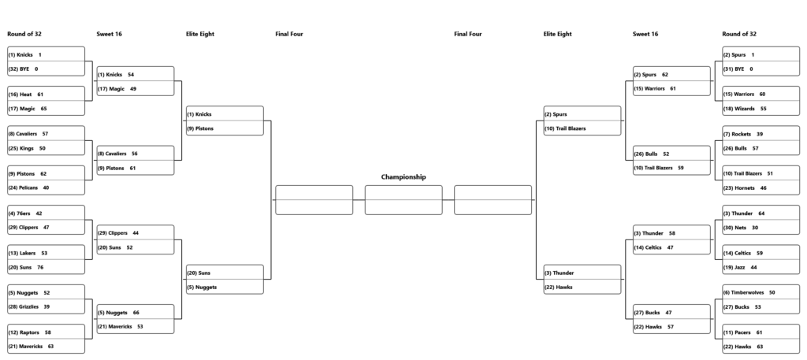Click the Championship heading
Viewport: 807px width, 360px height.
403,177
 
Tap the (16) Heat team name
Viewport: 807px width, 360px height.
20,95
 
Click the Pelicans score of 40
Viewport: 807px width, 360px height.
46,188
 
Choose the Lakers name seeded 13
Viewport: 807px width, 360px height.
22,253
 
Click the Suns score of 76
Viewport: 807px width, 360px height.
40,267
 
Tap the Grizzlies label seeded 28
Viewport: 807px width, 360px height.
23,307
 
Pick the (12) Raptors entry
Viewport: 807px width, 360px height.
24,332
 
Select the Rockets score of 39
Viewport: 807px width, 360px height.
760,134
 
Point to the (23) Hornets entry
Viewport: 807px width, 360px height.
739,188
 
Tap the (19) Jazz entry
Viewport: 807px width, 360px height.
734,267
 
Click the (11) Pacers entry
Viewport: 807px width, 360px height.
737,332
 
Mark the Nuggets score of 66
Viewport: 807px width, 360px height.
136,313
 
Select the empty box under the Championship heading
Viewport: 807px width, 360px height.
403,200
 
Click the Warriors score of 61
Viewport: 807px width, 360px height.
673,89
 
